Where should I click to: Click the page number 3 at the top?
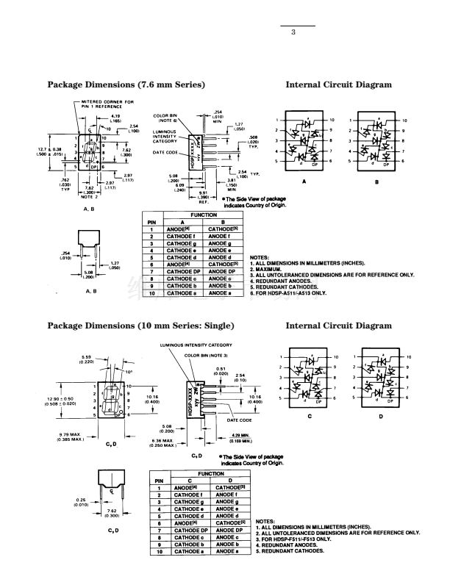(x=293, y=32)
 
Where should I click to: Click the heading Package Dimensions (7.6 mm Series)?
(x=126, y=85)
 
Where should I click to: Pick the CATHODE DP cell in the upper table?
(x=179, y=272)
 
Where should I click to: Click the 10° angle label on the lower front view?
(x=130, y=372)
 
